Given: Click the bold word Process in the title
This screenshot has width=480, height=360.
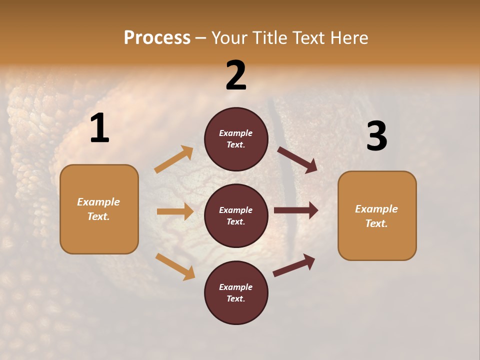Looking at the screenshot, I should click(157, 37).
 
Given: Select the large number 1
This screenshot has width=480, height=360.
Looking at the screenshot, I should click(99, 128).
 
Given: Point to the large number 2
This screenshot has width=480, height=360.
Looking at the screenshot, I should click(236, 75).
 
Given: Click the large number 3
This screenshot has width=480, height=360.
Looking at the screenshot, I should click(376, 136).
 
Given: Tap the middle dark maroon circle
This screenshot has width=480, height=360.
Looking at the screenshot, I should click(236, 215).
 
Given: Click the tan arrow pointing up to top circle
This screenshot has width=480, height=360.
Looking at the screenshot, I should click(173, 159).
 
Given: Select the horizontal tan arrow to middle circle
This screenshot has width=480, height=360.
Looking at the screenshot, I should click(175, 211).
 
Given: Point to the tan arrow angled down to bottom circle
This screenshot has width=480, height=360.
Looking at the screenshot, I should click(175, 266).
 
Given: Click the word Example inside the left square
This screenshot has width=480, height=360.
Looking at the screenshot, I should click(98, 202).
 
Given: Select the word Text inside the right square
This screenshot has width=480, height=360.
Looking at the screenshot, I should click(375, 223).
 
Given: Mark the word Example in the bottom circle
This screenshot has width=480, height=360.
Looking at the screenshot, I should click(235, 287).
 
